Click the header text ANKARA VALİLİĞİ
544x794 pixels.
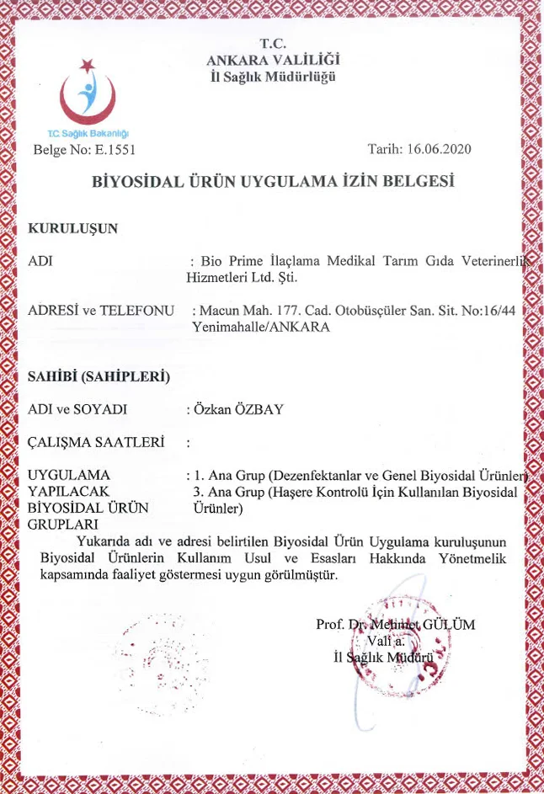[x=273, y=60]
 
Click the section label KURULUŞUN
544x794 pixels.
[x=72, y=227]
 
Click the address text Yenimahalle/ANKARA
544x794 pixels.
[x=262, y=326]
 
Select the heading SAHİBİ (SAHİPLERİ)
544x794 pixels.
[x=99, y=376]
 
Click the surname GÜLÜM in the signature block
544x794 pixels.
[x=450, y=625]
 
